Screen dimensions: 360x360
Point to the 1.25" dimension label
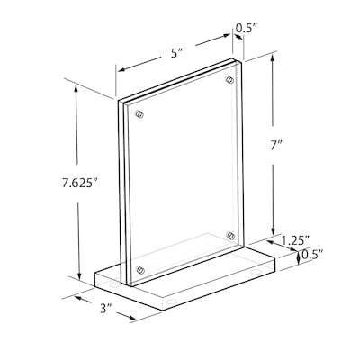pyautogui.click(x=295, y=240)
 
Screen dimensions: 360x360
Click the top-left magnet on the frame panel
pyautogui.click(x=139, y=114)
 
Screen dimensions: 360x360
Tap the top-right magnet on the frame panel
pyautogui.click(x=226, y=79)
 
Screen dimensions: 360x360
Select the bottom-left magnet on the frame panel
pyautogui.click(x=140, y=268)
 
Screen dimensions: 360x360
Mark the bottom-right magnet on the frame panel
pyautogui.click(x=230, y=236)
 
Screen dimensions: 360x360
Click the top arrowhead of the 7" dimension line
pyautogui.click(x=270, y=57)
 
